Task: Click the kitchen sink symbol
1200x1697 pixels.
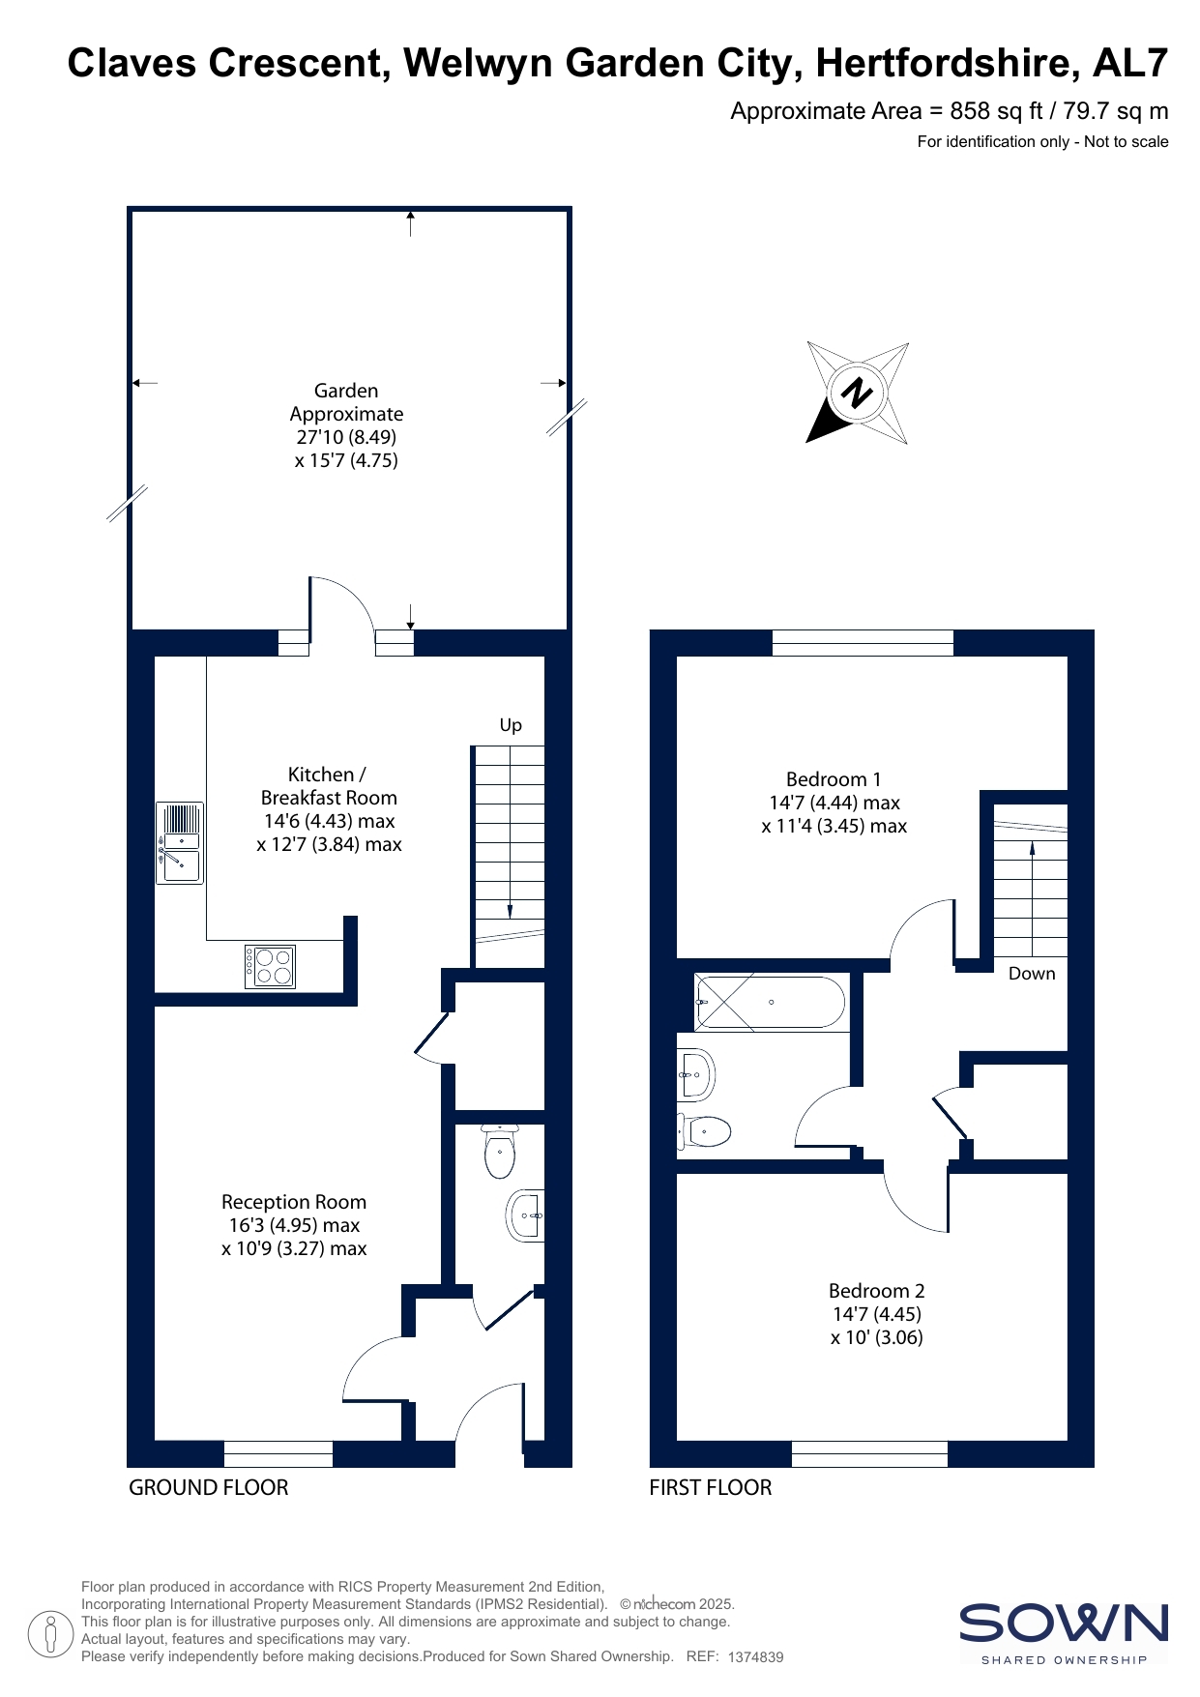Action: coord(180,842)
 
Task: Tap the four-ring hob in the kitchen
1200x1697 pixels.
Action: coord(270,966)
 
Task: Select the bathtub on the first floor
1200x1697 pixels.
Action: coord(770,1003)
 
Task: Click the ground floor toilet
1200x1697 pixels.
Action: coord(500,1151)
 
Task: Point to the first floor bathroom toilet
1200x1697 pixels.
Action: coord(703,1130)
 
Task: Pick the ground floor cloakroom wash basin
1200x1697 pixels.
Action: coord(525,1214)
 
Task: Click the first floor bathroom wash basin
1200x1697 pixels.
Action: coord(696,1074)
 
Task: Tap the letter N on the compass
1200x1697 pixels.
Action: coord(857,393)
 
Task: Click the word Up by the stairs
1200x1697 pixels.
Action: coord(511,725)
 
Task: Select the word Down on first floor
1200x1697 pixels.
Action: coord(1032,974)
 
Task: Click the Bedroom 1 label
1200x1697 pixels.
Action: coord(834,779)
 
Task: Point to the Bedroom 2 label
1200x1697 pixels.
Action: coord(877,1291)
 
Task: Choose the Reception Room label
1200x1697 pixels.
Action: coord(294,1202)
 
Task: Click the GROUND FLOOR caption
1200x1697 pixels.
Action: coord(209,1487)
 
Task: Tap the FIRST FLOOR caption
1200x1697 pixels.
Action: coord(711,1487)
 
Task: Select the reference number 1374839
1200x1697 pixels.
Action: coord(755,1656)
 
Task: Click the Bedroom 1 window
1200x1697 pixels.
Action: coord(863,643)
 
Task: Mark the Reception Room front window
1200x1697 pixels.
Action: coord(278,1453)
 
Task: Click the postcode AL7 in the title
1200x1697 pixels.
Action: coord(1130,64)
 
